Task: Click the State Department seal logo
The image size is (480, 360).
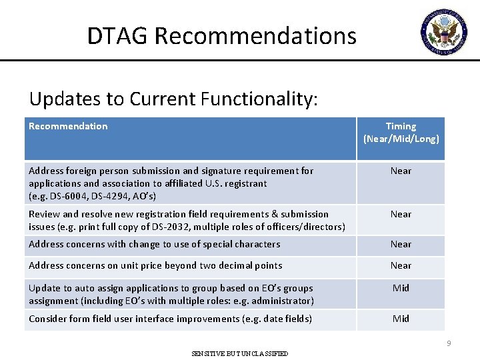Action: pyautogui.click(x=444, y=30)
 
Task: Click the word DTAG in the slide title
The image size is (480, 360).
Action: pyautogui.click(x=118, y=35)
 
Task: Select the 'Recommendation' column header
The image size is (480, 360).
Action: pyautogui.click(x=68, y=126)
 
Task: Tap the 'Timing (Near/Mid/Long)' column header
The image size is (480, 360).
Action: pyautogui.click(x=401, y=132)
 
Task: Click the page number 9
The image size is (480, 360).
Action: pyautogui.click(x=449, y=343)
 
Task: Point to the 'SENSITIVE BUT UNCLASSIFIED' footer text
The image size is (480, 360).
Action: pyautogui.click(x=240, y=353)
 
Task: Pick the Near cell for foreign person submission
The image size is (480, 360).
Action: pyautogui.click(x=401, y=171)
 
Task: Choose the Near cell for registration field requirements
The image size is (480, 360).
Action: pyautogui.click(x=401, y=214)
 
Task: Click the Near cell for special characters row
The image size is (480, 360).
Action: pyautogui.click(x=401, y=244)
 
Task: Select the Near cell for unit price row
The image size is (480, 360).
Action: pyautogui.click(x=401, y=265)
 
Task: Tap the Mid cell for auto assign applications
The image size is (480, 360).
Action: pyautogui.click(x=401, y=288)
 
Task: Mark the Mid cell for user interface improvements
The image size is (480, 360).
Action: pyautogui.click(x=401, y=319)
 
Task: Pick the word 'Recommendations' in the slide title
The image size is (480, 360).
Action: pyautogui.click(x=256, y=35)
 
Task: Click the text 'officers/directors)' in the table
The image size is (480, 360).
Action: pyautogui.click(x=304, y=227)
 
